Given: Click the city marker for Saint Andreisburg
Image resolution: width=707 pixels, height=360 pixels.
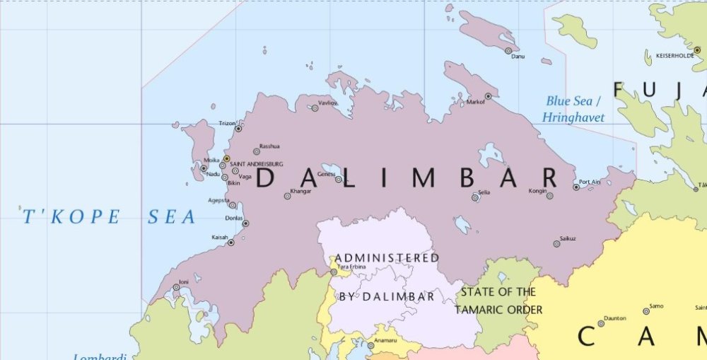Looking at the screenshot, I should (226, 158).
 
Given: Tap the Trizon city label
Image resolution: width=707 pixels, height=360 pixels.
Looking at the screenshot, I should (227, 123).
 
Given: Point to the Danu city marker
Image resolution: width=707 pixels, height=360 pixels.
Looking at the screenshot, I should (508, 51).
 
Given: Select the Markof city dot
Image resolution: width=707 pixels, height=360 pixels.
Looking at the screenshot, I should (488, 96).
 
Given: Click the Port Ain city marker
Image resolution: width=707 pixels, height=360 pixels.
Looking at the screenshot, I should (576, 187).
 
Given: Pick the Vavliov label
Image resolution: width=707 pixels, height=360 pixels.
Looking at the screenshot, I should (327, 102).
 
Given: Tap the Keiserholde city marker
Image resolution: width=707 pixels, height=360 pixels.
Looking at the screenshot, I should (697, 50).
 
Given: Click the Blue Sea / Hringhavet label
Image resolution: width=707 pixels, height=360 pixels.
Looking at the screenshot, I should (573, 110).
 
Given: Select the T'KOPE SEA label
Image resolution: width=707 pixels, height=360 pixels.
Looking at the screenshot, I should (108, 217).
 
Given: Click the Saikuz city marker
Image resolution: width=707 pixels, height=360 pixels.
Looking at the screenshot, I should (556, 244).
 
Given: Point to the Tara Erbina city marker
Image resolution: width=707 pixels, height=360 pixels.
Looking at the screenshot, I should (334, 272).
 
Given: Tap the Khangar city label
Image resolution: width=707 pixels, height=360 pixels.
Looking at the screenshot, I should (300, 191).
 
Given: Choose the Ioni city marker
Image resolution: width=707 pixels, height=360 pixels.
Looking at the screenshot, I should (176, 287).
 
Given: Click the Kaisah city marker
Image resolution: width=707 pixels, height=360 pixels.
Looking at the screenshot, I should (230, 243).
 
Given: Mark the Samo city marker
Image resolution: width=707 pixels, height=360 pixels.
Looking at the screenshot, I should (646, 311).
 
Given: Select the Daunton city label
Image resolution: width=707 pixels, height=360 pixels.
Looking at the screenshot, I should (616, 318).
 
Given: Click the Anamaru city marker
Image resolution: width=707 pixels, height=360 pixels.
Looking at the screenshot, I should (370, 346).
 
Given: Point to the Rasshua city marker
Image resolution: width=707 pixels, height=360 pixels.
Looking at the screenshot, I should (256, 151).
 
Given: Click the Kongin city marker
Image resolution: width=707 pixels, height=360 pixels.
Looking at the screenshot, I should (549, 196).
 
